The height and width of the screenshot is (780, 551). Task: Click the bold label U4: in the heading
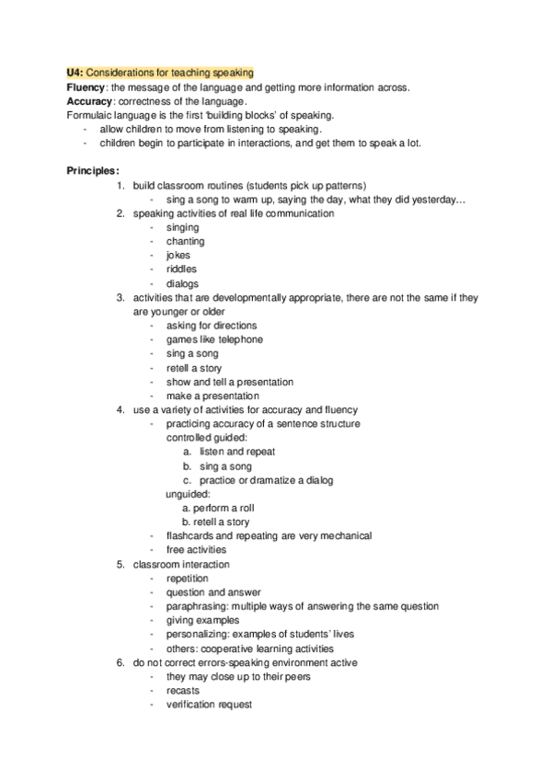pos(75,73)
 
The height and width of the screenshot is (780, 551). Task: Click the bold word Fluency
pos(86,86)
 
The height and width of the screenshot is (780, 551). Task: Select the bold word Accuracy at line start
pos(90,100)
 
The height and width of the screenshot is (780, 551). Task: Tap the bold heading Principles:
pos(93,171)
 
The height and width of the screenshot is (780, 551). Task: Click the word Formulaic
pos(90,115)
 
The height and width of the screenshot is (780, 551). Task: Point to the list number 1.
pos(120,185)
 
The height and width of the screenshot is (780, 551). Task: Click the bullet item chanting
pos(185,241)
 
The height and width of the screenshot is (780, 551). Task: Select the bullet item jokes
pos(178,255)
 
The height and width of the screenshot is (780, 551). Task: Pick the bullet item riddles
pos(181,270)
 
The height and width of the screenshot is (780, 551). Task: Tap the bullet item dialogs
pos(182,283)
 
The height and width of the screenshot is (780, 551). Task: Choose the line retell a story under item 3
pos(193,368)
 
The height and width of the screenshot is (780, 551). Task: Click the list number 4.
pos(120,409)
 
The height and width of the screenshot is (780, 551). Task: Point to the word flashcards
pos(189,535)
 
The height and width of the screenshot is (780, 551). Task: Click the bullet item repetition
pos(187,579)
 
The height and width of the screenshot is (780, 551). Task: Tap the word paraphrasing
pos(197,606)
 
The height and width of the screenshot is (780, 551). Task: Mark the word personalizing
pos(198,634)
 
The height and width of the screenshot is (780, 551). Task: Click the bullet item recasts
pos(182,690)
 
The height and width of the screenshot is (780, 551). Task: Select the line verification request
pos(209,705)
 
